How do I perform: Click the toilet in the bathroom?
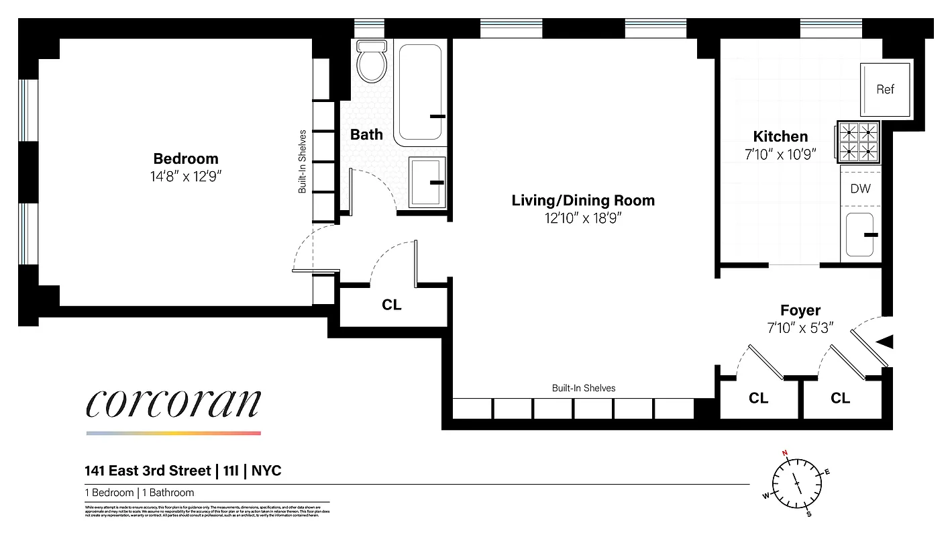click(372, 62)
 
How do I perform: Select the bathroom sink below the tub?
click(427, 182)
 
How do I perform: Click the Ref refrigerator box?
click(885, 89)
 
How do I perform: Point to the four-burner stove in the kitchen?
click(859, 142)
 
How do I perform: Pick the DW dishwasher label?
click(860, 189)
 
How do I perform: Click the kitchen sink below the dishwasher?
click(860, 234)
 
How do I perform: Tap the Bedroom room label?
click(186, 159)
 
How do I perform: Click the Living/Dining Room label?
click(583, 200)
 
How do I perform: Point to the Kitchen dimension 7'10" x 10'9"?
click(780, 154)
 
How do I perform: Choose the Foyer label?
click(800, 310)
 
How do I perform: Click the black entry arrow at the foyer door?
click(886, 342)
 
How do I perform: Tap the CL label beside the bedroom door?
click(391, 305)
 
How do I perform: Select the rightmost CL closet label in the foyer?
click(840, 398)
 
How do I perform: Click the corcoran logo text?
click(173, 403)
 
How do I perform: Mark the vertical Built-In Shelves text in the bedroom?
click(303, 162)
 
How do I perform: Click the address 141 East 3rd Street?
click(147, 471)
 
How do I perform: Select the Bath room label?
click(366, 134)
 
